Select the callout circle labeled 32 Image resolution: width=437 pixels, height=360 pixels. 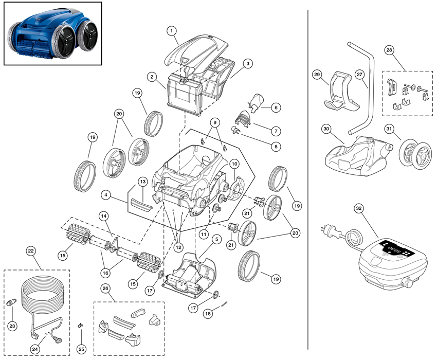coord(359,208)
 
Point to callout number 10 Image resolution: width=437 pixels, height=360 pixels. coord(234,164)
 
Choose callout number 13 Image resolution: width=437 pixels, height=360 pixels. coord(142,182)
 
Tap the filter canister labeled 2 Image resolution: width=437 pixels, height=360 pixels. coord(185,93)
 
